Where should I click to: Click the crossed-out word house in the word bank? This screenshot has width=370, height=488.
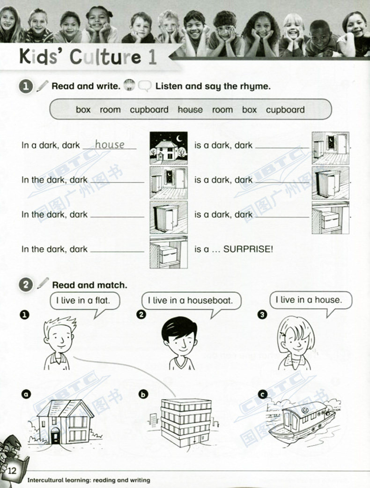[x=190, y=109]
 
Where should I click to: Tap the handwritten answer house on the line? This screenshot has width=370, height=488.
[x=110, y=145]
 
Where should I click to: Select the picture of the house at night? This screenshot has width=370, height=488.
[x=169, y=148]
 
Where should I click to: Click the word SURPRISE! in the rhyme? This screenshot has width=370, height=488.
[x=248, y=249]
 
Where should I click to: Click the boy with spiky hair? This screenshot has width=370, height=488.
[x=59, y=343]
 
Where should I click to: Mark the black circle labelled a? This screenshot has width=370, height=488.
[x=26, y=394]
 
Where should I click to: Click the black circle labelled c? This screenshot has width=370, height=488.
[x=263, y=394]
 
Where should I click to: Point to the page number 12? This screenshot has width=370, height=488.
[x=12, y=470]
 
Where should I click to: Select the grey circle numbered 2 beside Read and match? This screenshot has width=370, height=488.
[x=26, y=285]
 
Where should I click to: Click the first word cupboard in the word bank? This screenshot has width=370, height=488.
[x=149, y=110]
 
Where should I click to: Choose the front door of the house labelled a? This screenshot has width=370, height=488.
[x=55, y=435]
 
